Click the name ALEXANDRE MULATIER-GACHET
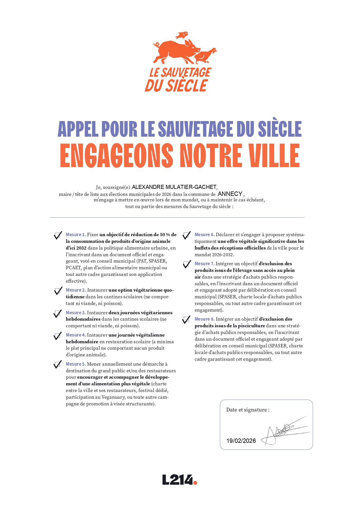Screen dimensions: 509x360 (x=174, y=187)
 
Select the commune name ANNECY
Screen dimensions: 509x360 (x=230, y=194)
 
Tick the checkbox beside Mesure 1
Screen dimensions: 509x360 (x=58, y=235)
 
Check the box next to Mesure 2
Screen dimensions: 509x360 (x=58, y=291)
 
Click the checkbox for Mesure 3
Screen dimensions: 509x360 (x=57, y=313)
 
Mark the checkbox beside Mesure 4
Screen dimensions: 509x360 (x=57, y=336)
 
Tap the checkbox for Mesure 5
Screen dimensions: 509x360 (x=57, y=365)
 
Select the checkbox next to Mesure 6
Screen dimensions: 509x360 (x=186, y=235)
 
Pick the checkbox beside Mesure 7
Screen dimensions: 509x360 (x=187, y=264)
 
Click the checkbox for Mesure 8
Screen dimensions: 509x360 (x=186, y=320)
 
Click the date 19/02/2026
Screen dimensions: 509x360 (x=241, y=441)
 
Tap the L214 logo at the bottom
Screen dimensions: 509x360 (x=180, y=480)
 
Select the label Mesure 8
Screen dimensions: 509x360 (x=205, y=319)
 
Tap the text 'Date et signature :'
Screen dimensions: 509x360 (x=248, y=410)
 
